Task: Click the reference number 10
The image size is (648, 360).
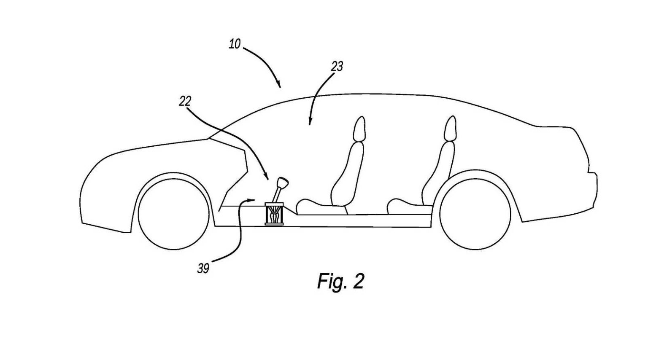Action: tap(235, 44)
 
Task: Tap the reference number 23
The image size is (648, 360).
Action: tap(337, 66)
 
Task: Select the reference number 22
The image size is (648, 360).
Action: tap(185, 101)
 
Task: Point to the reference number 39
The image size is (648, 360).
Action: tap(203, 269)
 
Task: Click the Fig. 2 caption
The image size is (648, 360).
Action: tap(340, 281)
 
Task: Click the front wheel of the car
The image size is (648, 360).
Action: tap(173, 211)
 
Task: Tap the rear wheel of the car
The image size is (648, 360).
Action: tap(475, 213)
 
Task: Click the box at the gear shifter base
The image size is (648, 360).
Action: tap(274, 214)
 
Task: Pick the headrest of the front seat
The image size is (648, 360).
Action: tap(359, 129)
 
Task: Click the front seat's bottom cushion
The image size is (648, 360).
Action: tap(319, 205)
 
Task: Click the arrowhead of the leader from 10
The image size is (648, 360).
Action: tap(278, 86)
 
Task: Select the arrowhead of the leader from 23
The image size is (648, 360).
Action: tap(310, 123)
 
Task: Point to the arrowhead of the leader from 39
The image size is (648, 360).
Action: tap(253, 199)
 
